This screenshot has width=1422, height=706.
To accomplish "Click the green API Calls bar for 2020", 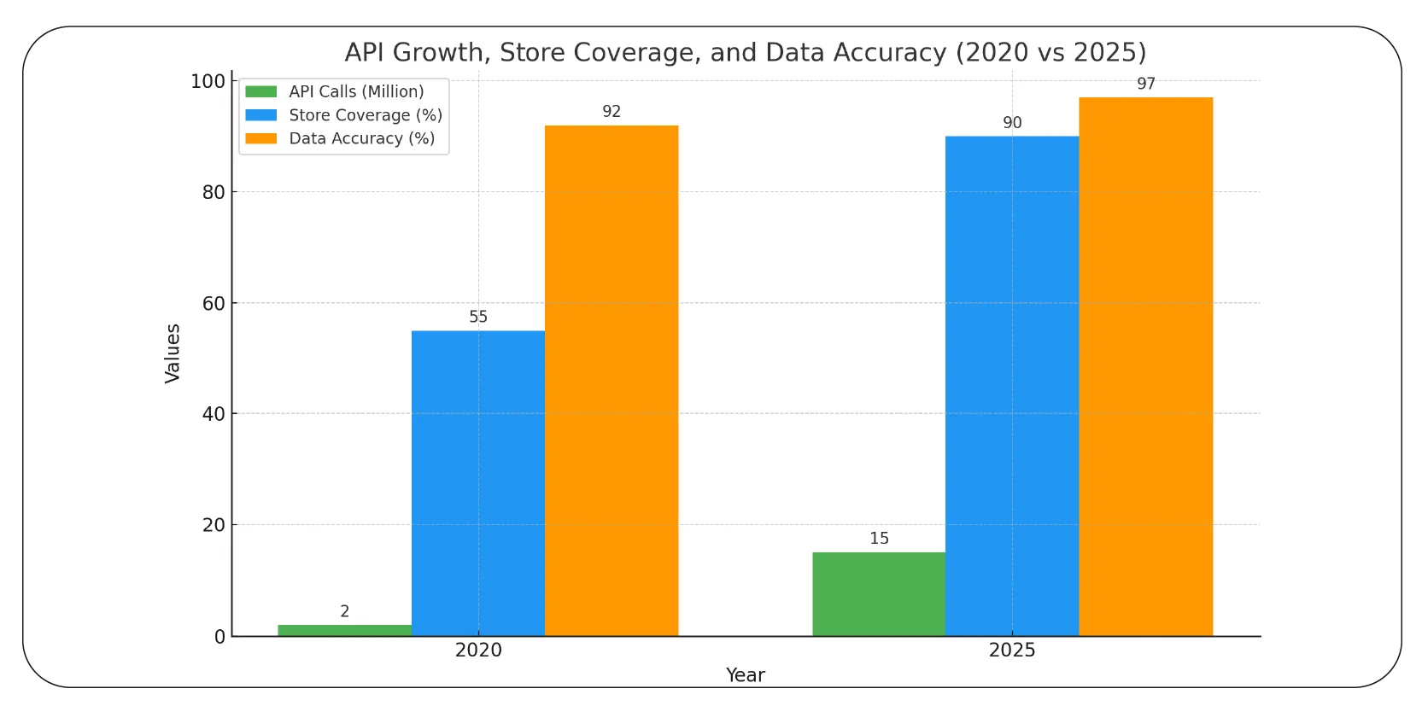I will pos(344,630).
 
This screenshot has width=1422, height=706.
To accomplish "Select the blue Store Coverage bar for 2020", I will pos(477,482).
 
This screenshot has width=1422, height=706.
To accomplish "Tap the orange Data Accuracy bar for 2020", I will pos(612,380).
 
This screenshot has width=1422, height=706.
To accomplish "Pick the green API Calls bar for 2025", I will pos(879,593).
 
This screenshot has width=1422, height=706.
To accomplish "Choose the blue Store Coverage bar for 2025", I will pos(1012,386).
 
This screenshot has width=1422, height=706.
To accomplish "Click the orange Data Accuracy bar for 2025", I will pos(1145,366).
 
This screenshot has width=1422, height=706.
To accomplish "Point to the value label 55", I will pos(478,317).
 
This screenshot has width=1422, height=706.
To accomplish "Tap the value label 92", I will pos(612,112).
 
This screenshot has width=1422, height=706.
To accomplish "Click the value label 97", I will pos(1146,84).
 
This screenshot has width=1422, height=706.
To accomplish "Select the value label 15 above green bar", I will pos(879,538).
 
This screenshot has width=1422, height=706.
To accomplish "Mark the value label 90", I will pos(1012,123).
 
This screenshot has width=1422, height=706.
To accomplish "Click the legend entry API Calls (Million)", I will pos(356,91).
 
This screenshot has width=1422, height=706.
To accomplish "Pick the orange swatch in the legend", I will pos(261,138).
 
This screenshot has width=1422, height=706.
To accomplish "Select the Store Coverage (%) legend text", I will pos(366,115).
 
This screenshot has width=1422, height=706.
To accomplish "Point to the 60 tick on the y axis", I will pos(214,303).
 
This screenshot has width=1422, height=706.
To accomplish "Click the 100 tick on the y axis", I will pos(208,81).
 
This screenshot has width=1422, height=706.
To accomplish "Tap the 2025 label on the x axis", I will pos(1012,650).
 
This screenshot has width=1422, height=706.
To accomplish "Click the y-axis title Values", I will pos(173,353).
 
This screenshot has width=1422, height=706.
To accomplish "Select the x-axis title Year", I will pos(745,675).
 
